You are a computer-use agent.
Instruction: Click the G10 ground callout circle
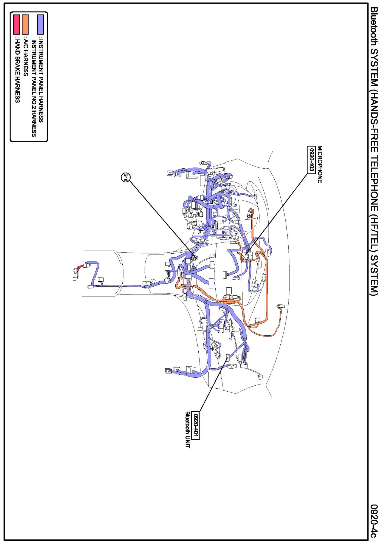(125, 178)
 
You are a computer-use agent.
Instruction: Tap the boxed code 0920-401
(196, 425)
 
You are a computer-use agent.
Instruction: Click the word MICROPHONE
(320, 164)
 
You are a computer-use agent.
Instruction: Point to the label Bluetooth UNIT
(188, 429)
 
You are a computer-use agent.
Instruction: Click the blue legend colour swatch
(41, 24)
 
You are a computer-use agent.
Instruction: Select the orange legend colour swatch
(25, 24)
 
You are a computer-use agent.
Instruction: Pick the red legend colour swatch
(16, 24)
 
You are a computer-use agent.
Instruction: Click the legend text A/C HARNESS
(25, 57)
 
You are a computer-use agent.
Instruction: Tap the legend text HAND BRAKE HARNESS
(17, 71)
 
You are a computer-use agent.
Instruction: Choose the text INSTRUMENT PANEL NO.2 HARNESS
(34, 88)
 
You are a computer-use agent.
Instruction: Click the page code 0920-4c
(374, 521)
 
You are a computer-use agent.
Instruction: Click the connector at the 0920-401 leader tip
(227, 357)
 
